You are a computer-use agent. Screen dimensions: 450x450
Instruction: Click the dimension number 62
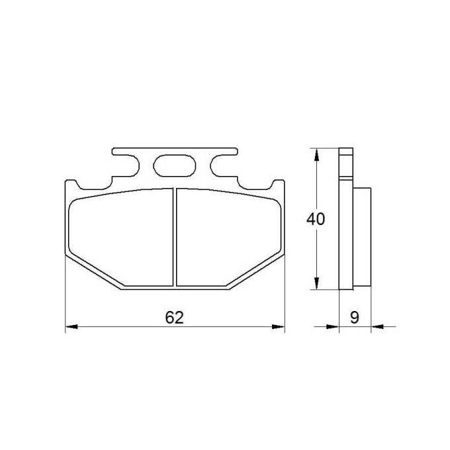click(174, 318)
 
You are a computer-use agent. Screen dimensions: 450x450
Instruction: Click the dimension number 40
click(316, 219)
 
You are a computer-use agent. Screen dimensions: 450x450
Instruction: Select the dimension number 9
click(355, 318)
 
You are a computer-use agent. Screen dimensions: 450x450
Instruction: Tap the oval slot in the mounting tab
click(175, 166)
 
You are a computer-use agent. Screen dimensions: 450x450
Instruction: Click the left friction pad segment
click(121, 237)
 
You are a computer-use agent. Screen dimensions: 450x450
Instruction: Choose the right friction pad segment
click(229, 237)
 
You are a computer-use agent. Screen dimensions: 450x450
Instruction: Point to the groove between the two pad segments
click(175, 237)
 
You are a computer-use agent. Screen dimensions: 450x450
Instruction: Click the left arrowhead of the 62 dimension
click(71, 327)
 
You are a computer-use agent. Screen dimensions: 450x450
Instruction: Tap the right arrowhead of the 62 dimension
click(278, 327)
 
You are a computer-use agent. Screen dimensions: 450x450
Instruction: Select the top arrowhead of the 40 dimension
click(316, 154)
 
